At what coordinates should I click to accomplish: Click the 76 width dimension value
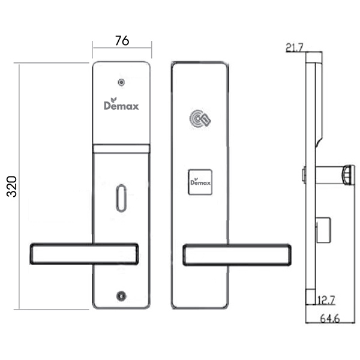tap(122, 40)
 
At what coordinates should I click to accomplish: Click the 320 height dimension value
tap(12, 186)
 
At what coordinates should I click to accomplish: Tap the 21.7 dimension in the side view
tap(295, 48)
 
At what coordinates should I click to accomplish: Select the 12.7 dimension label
tap(326, 300)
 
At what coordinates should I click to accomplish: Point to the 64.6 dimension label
tap(329, 319)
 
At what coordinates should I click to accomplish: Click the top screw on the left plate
tap(121, 82)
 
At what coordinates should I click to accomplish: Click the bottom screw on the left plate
tap(121, 296)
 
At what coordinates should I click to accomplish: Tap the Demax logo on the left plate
tap(121, 104)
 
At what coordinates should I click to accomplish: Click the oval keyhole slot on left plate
tap(121, 198)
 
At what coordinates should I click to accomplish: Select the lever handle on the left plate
tap(84, 254)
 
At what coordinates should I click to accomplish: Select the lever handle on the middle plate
tap(237, 255)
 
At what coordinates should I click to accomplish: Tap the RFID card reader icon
tap(200, 119)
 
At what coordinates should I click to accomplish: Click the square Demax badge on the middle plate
tap(200, 182)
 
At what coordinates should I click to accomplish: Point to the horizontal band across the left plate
tap(121, 149)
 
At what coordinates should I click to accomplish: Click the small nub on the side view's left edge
tap(304, 175)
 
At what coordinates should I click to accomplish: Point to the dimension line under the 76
tap(122, 48)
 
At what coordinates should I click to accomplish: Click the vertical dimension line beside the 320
tap(19, 187)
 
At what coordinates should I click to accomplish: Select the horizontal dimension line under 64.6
tap(330, 323)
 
